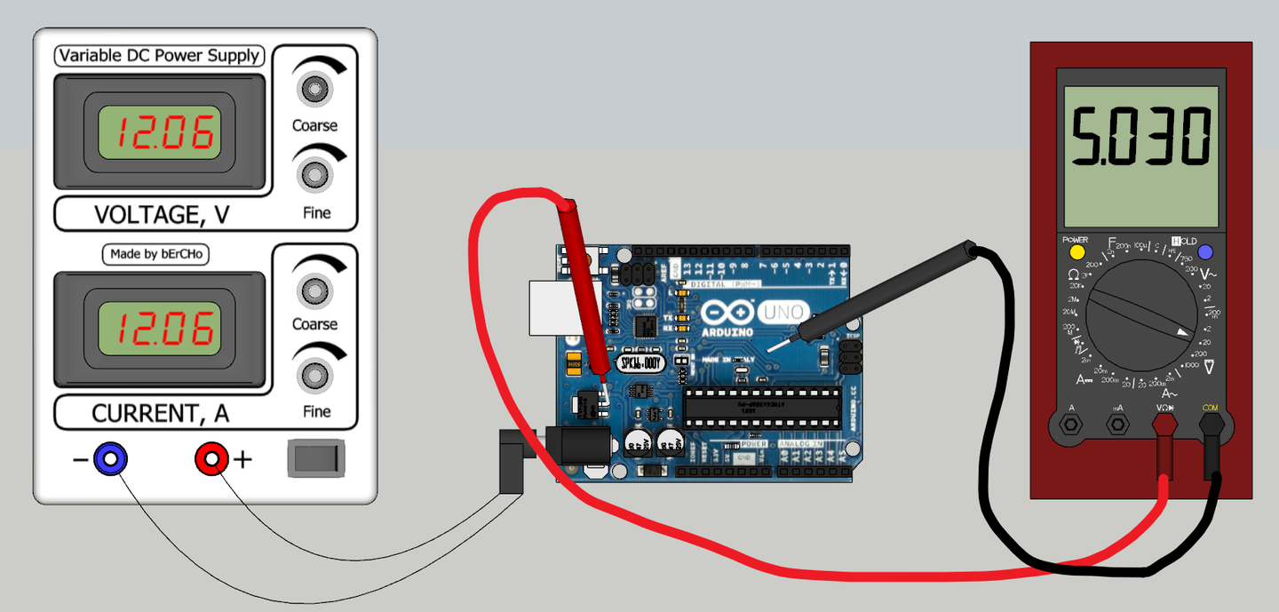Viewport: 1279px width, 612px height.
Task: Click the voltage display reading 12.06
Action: coord(159,132)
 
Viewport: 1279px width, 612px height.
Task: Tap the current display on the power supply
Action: coord(159,330)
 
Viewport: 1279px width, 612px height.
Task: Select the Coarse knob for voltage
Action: coord(314,88)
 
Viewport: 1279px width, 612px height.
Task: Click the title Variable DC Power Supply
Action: coord(158,56)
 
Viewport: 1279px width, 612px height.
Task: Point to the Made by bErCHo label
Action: coord(156,254)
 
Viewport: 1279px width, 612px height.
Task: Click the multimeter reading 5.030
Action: coord(1140,136)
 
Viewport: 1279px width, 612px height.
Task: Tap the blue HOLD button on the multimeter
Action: coord(1205,252)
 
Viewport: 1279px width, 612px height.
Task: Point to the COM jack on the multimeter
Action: coord(1210,424)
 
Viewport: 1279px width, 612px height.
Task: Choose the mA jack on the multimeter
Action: coord(1117,424)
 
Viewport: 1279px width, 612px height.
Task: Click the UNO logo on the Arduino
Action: coord(782,312)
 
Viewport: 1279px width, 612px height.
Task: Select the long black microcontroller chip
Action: coord(761,406)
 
